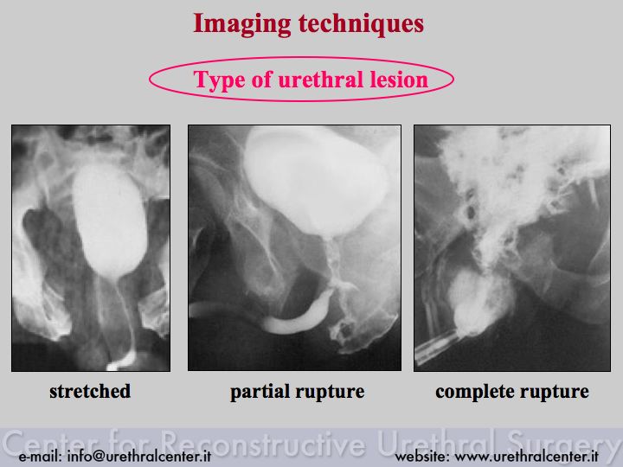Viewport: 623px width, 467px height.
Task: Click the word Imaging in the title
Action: (x=242, y=24)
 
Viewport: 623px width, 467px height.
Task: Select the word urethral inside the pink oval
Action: (x=320, y=79)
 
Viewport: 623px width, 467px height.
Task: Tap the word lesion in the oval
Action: (x=399, y=79)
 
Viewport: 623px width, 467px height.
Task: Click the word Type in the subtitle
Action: (x=219, y=80)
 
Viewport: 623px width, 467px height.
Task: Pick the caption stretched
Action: (x=90, y=391)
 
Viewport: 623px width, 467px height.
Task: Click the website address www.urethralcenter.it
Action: (x=526, y=457)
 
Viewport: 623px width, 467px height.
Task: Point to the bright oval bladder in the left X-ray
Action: (x=109, y=220)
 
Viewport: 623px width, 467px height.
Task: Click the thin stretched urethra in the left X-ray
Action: (x=126, y=314)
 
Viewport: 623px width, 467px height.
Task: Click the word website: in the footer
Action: (x=422, y=457)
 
